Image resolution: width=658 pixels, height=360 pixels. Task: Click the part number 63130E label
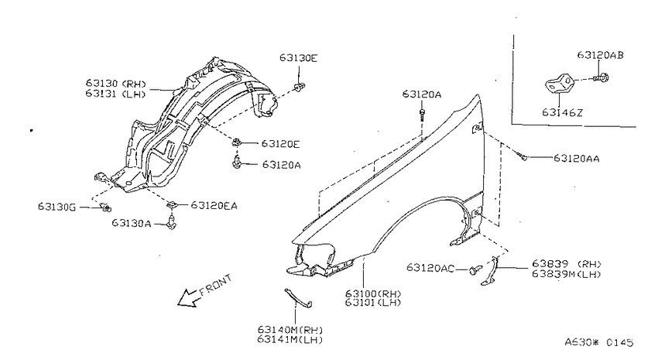[298, 58]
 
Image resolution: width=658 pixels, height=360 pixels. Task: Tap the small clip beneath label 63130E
[300, 87]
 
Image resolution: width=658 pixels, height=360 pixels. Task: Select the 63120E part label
[281, 144]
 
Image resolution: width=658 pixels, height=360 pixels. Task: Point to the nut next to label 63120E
[237, 142]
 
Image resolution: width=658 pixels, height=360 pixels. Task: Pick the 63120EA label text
[214, 206]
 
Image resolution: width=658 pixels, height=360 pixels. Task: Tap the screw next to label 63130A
[172, 222]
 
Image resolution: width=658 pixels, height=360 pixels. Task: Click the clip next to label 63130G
[106, 207]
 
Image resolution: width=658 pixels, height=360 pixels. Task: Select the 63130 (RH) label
[116, 84]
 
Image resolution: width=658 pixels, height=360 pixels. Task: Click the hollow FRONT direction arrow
[187, 298]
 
